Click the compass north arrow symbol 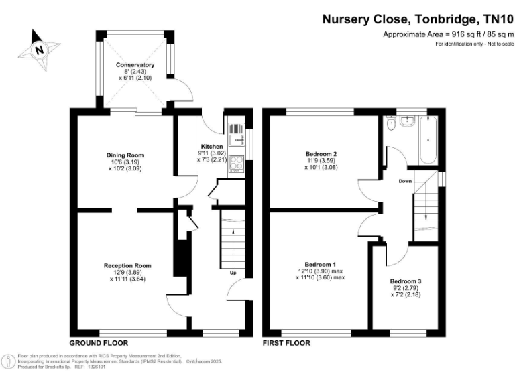tap(38, 47)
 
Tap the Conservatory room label tap(135, 65)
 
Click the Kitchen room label tap(212, 145)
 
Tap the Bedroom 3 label tap(406, 281)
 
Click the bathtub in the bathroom tap(427, 140)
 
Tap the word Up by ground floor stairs tap(233, 273)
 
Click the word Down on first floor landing tap(405, 181)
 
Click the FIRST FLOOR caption tap(286, 342)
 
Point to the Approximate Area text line tap(448, 34)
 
